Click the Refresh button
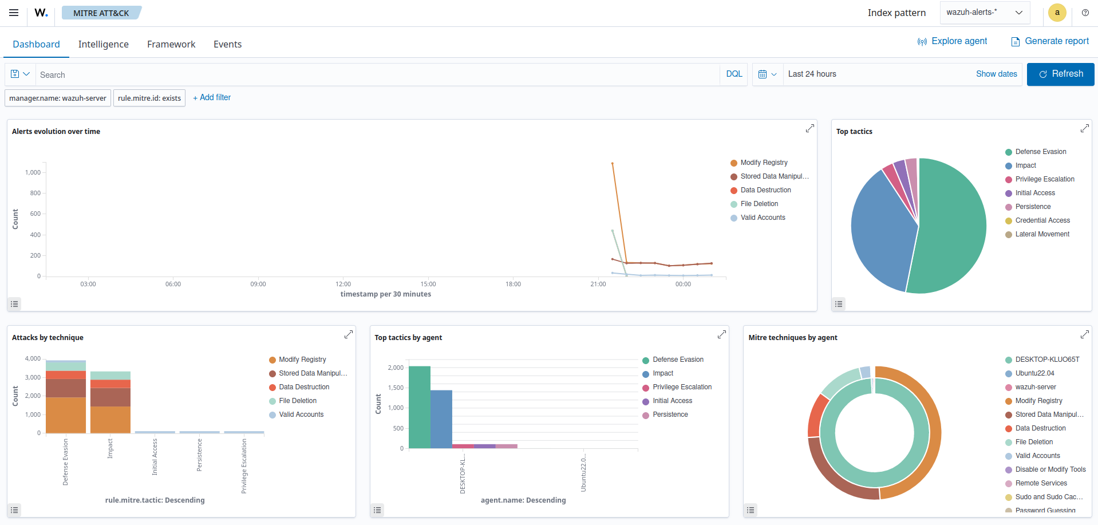pyautogui.click(x=1060, y=74)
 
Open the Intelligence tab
pyautogui.click(x=103, y=44)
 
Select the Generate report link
pyautogui.click(x=1050, y=41)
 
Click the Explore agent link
pyautogui.click(x=953, y=41)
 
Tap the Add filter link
pyautogui.click(x=212, y=97)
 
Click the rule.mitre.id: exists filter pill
pyautogui.click(x=149, y=98)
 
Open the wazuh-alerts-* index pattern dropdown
pyautogui.click(x=984, y=13)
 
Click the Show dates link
pyautogui.click(x=996, y=74)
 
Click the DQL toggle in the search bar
pyautogui.click(x=734, y=74)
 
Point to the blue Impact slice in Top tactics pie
pyautogui.click(x=879, y=229)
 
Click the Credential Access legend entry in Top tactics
pyautogui.click(x=1042, y=220)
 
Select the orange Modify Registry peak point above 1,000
pyautogui.click(x=613, y=164)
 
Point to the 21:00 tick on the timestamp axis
pyautogui.click(x=598, y=284)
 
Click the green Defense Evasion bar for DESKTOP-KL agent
pyautogui.click(x=420, y=406)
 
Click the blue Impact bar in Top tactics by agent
pyautogui.click(x=441, y=419)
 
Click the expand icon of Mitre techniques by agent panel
pyautogui.click(x=1084, y=334)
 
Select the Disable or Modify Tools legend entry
pyautogui.click(x=1050, y=469)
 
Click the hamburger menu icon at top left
pyautogui.click(x=14, y=13)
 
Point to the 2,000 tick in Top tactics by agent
pyautogui.click(x=396, y=368)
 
